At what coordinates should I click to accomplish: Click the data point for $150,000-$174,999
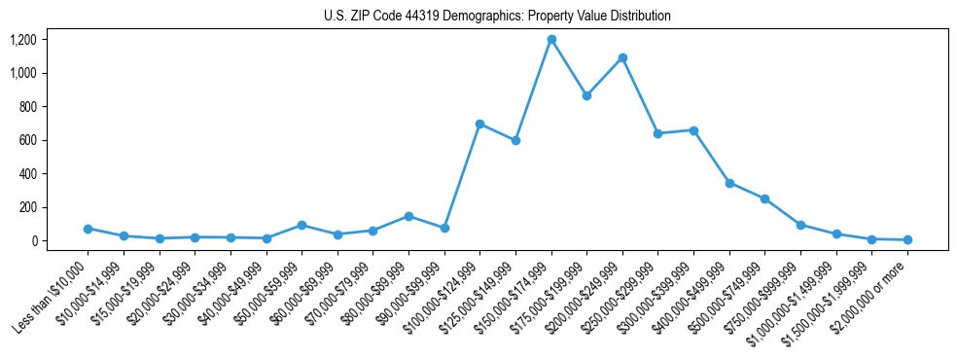click(x=551, y=40)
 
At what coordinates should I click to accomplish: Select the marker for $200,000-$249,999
click(x=622, y=58)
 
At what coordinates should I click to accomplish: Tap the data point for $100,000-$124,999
click(x=480, y=125)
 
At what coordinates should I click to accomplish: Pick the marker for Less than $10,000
click(x=88, y=229)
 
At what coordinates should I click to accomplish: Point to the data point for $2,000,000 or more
click(x=907, y=239)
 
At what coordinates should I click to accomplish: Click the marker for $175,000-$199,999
click(x=586, y=96)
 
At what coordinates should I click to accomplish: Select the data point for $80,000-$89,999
click(x=408, y=216)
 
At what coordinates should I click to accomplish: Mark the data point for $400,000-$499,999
click(x=729, y=183)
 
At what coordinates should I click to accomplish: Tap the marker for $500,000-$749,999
click(x=764, y=198)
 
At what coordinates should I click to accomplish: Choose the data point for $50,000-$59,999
click(x=301, y=225)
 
